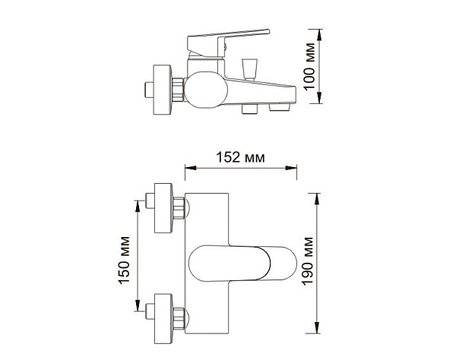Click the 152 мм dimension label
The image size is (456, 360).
pyautogui.click(x=242, y=158)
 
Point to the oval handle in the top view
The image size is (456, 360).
pyautogui.click(x=239, y=263)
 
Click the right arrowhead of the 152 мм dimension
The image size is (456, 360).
pyautogui.click(x=295, y=169)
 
